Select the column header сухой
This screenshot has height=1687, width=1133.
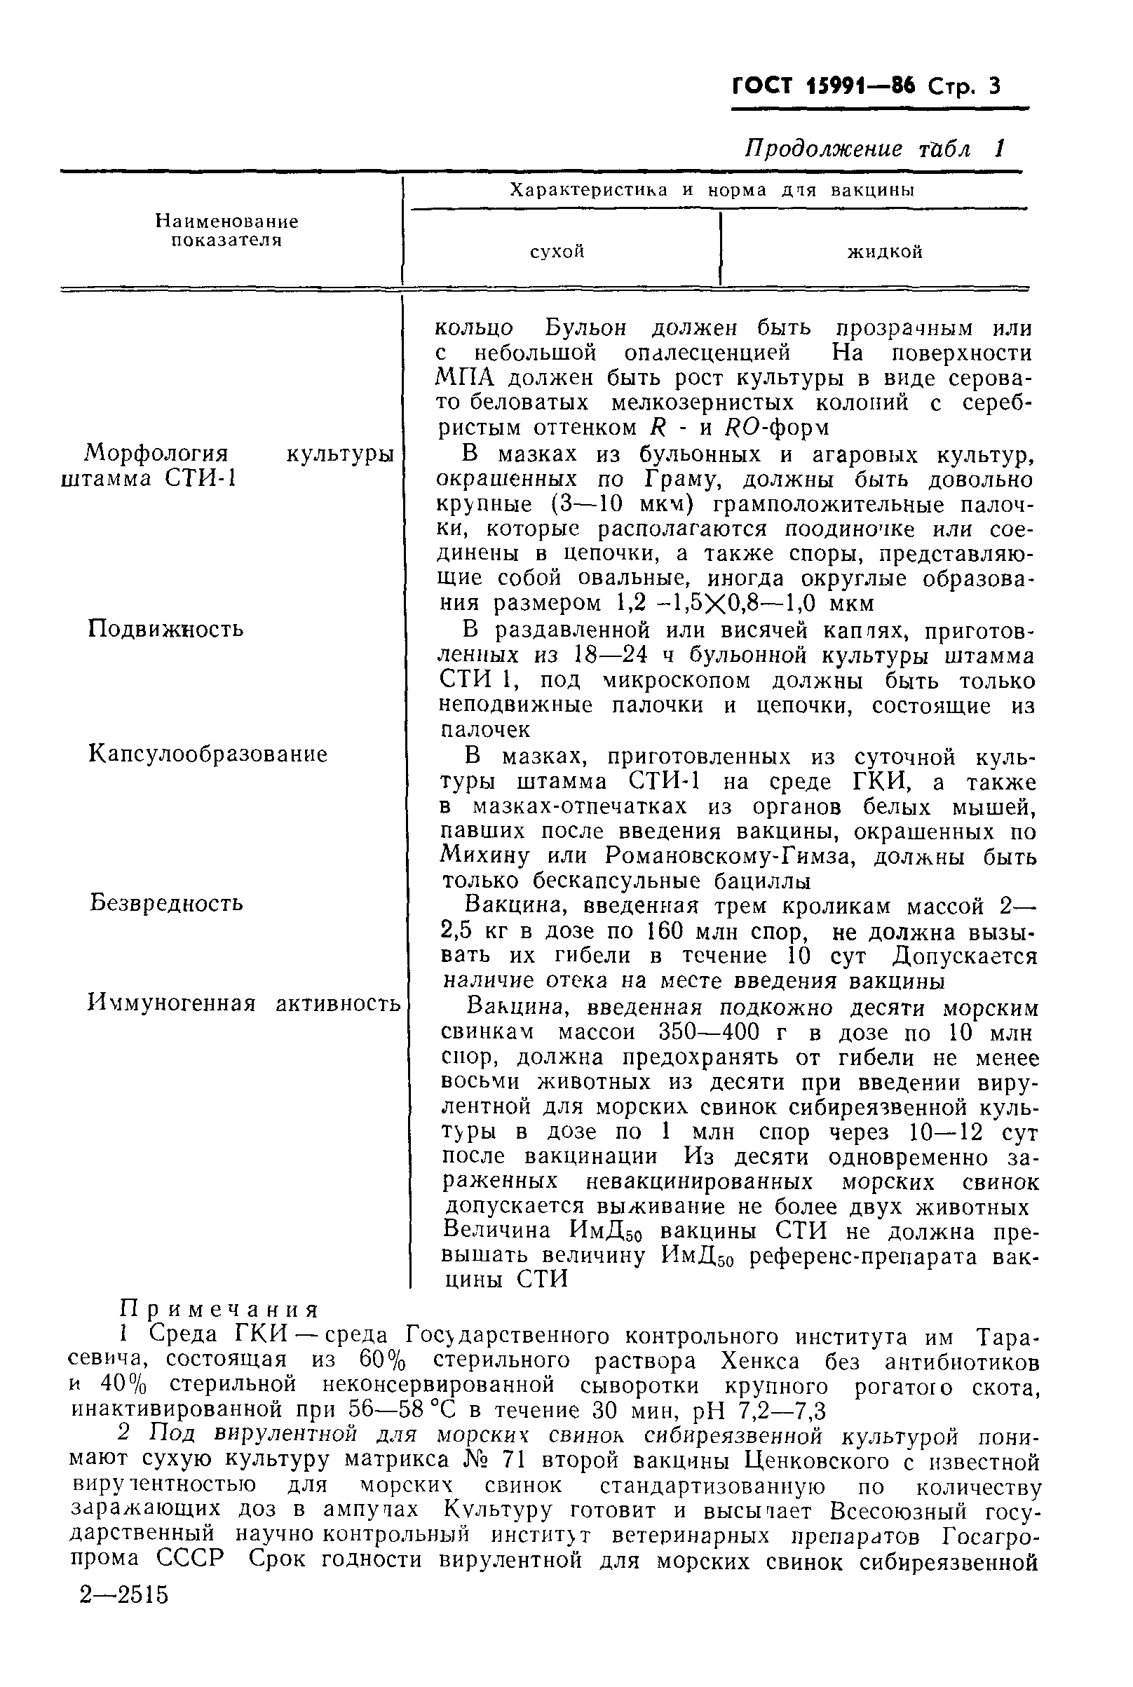click(557, 252)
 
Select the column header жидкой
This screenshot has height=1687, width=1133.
click(884, 252)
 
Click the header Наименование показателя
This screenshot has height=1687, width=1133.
click(227, 231)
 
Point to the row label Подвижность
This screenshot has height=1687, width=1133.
click(165, 628)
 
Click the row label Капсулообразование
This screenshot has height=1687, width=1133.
click(208, 754)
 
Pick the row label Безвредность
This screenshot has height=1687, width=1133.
click(166, 903)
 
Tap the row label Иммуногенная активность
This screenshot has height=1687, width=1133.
click(243, 1003)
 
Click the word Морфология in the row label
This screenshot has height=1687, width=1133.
click(156, 454)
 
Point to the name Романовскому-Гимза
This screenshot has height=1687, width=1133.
click(731, 856)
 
